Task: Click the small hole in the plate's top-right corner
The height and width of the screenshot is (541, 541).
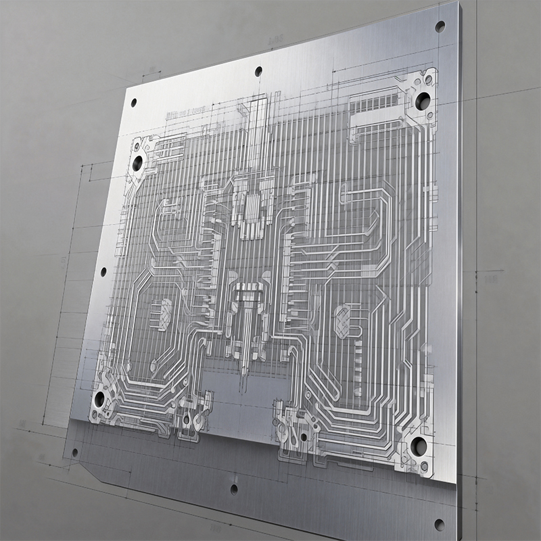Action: tap(440, 27)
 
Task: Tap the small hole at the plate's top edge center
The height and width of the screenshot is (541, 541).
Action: tap(258, 71)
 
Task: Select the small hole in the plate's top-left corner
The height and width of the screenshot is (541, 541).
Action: tap(133, 103)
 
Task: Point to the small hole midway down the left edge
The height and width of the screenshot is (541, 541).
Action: tap(103, 272)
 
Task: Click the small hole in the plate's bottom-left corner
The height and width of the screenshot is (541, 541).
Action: tap(74, 452)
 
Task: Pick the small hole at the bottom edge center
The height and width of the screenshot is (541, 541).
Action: tap(234, 488)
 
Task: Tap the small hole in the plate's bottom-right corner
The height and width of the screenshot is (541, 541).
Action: tap(439, 524)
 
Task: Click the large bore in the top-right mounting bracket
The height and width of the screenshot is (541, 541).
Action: tap(423, 101)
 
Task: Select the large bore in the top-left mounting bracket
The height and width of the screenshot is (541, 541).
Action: tap(137, 163)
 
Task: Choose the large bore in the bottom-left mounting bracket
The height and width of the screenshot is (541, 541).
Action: tap(99, 399)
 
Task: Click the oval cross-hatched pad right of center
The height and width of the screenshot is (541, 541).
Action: tap(344, 319)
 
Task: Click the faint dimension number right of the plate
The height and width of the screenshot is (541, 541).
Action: tap(491, 279)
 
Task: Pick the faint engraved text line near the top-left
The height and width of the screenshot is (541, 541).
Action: tap(185, 112)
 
